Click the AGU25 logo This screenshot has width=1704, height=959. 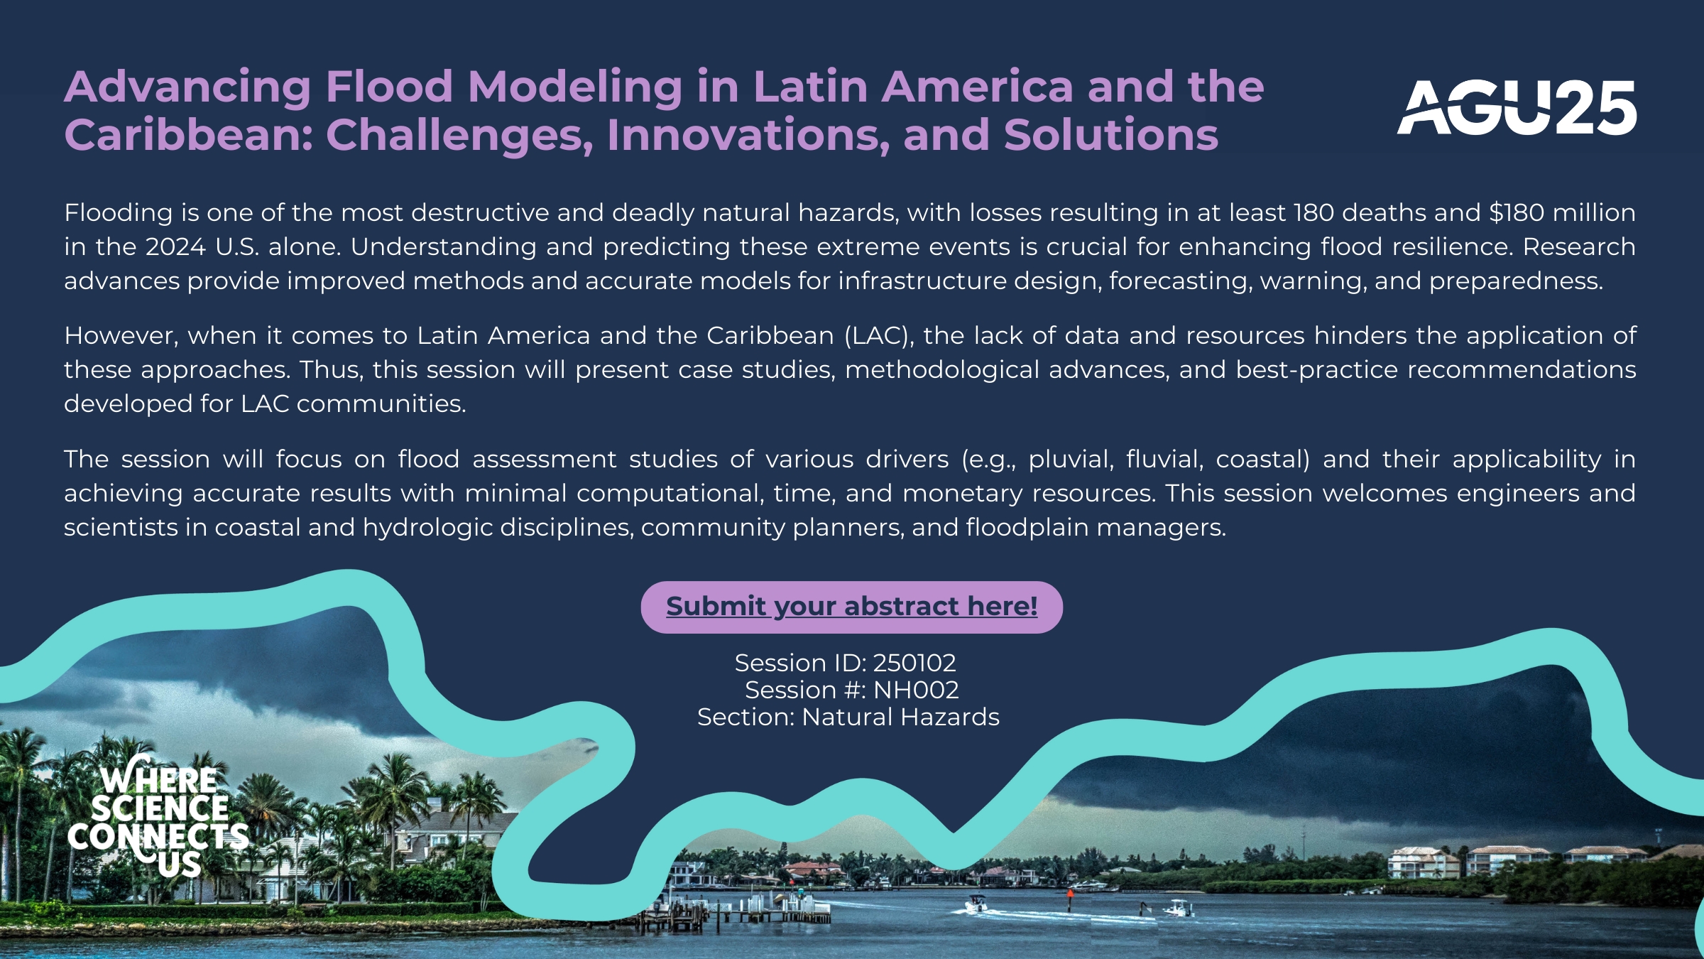tap(1517, 107)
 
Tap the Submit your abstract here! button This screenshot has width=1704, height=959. tap(852, 607)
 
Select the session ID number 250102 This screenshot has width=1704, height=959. tap(914, 663)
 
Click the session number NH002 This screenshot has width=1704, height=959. tap(916, 690)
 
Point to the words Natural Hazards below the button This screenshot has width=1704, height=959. tap(900, 717)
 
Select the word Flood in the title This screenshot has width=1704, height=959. tap(389, 87)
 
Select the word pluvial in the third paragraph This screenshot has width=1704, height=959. tap(1071, 460)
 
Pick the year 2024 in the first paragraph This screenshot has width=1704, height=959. tap(175, 246)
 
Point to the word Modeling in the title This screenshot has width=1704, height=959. tap(575, 88)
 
